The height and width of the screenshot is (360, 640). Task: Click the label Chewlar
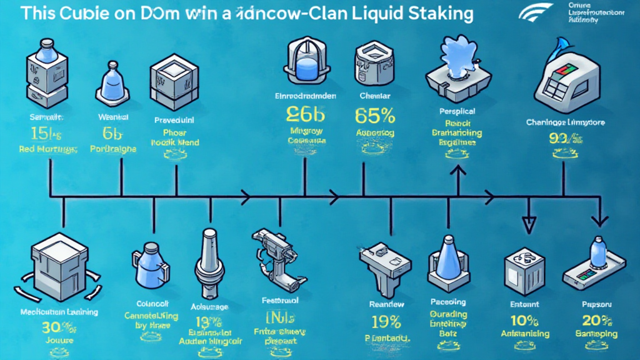point(375,96)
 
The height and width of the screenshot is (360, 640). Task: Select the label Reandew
point(387,304)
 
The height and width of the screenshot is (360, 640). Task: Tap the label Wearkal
point(113,117)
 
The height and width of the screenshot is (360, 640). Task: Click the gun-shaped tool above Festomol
point(275,254)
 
